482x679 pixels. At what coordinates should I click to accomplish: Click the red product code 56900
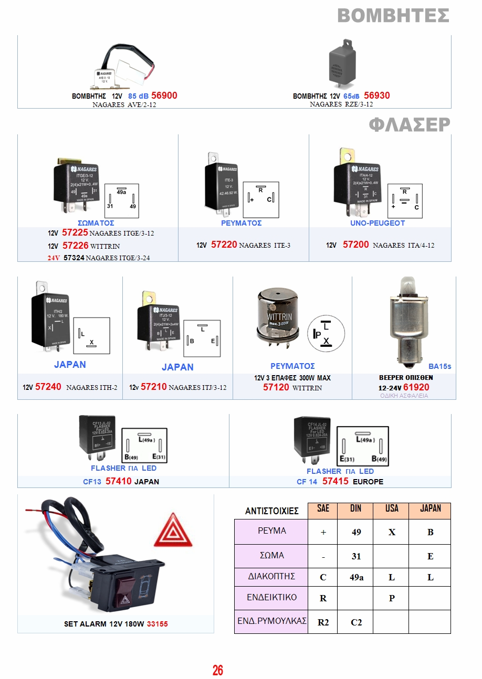164,96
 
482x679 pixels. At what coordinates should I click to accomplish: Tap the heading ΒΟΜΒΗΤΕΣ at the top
393,15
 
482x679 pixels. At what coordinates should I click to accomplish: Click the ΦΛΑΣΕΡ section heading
410,124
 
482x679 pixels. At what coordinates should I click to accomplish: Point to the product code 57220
224,245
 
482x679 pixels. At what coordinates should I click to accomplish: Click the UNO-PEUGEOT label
378,223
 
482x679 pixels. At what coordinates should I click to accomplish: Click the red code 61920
416,387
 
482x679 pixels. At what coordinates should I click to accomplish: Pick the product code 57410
118,481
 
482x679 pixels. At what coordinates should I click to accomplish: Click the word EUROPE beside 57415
368,482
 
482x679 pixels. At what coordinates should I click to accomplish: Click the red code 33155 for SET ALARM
158,624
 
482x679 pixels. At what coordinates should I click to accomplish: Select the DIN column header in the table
355,508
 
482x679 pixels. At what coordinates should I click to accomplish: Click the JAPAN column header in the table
430,508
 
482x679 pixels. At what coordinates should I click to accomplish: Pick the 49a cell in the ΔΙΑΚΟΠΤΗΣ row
357,577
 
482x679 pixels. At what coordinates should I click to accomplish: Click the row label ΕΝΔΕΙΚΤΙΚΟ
271,597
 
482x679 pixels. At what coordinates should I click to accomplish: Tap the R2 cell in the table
323,622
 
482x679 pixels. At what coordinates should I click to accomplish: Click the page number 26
218,670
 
